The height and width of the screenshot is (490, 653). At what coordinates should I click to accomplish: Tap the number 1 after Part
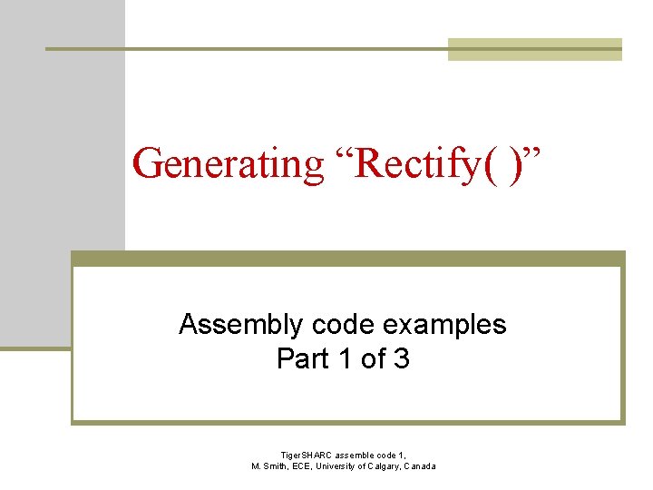click(x=344, y=359)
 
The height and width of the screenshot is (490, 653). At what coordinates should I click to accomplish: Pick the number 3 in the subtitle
click(x=401, y=359)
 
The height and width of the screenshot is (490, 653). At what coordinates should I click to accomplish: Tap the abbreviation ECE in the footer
click(x=308, y=466)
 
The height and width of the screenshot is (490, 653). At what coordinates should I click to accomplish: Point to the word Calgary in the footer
click(x=387, y=466)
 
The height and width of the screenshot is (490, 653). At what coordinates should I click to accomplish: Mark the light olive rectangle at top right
click(x=535, y=50)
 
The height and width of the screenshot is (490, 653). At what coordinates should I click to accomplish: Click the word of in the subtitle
click(x=373, y=359)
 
